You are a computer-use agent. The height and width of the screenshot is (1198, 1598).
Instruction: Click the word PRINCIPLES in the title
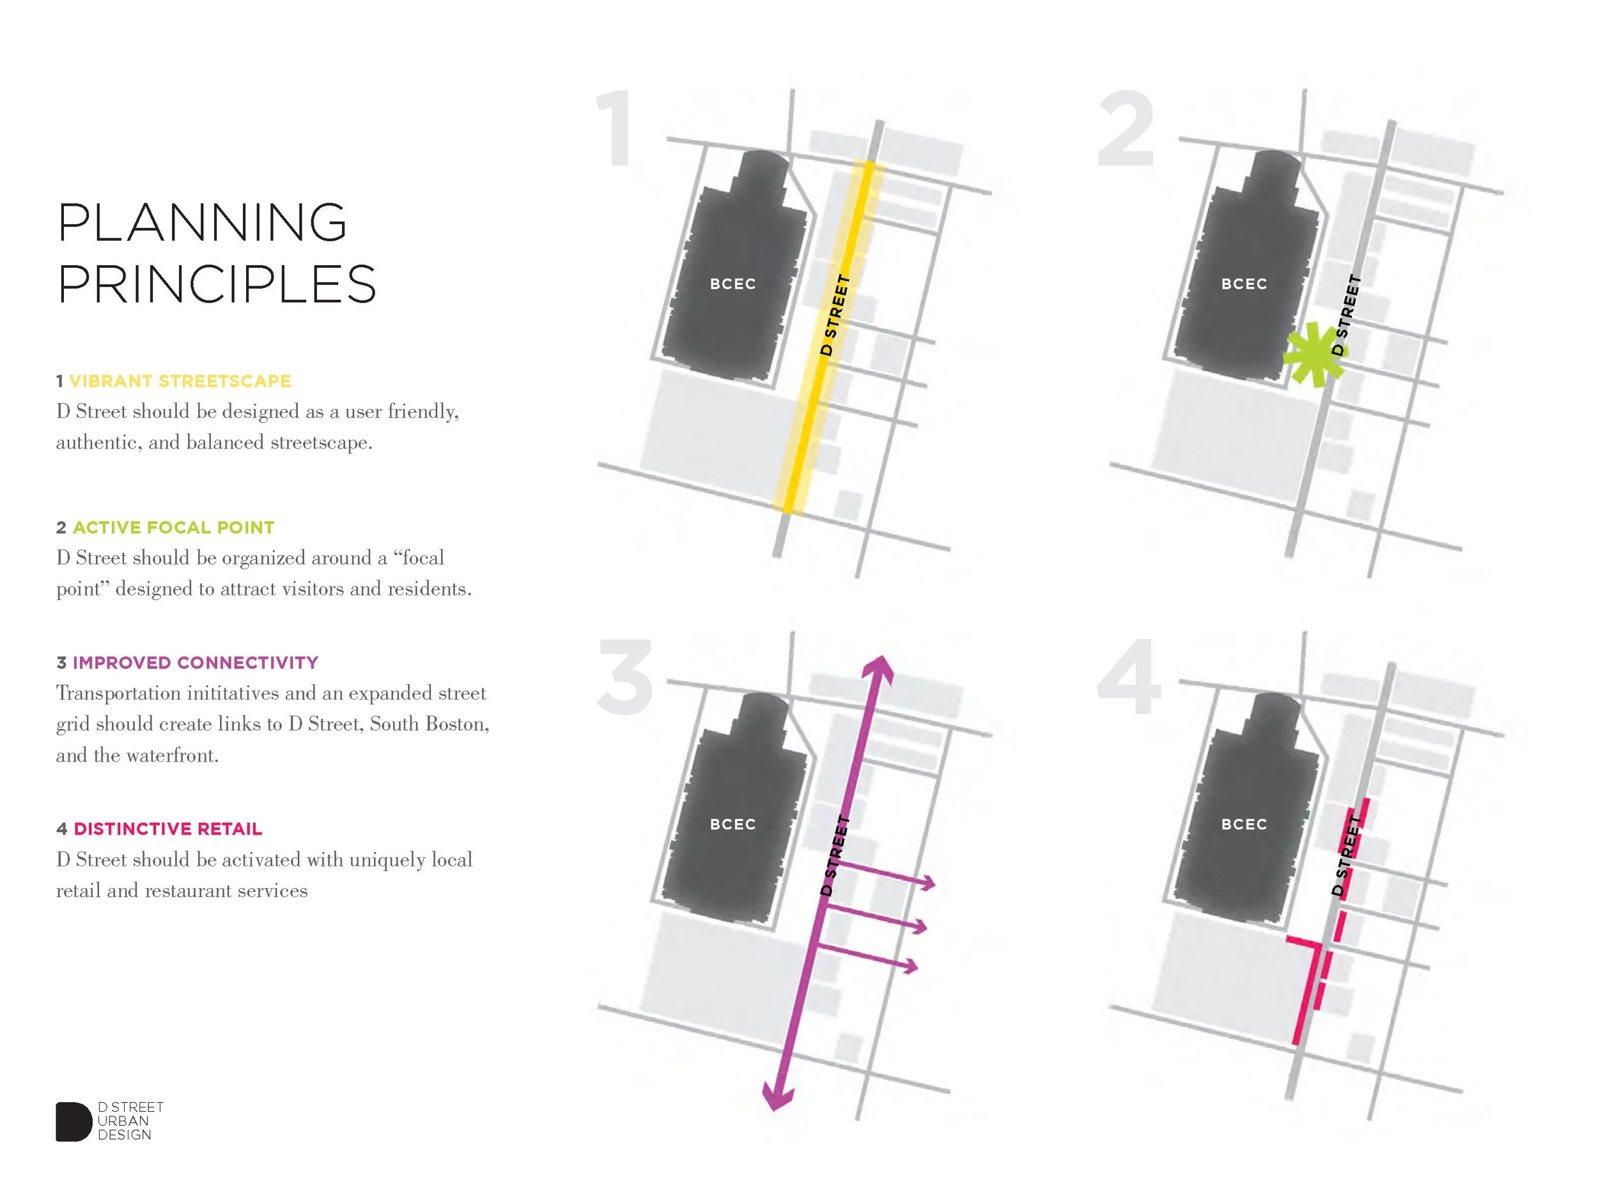coord(217,284)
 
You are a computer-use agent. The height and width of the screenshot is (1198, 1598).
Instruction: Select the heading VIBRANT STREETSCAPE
coord(180,381)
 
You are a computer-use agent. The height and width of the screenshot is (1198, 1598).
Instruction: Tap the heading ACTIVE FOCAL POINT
coord(173,528)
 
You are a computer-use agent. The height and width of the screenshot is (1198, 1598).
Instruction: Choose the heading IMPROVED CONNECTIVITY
coord(195,663)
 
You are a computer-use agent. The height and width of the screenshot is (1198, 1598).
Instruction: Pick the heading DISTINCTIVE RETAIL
coord(167,829)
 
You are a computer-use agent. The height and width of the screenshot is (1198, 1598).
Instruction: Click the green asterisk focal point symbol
coord(1314,355)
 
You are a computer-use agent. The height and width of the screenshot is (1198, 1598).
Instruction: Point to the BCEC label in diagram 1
coord(733,284)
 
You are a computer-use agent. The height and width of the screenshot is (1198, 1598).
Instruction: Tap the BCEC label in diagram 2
coord(1244,284)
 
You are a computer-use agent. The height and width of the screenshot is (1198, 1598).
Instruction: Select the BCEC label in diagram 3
coord(733,825)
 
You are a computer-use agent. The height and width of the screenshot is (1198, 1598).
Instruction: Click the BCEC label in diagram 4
coord(1244,825)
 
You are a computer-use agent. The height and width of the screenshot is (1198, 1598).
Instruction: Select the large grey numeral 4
coord(1128,679)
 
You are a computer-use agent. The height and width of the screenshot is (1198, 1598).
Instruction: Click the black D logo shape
coord(72,1121)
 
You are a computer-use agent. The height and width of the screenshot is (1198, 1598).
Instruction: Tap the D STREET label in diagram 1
coord(835,315)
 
